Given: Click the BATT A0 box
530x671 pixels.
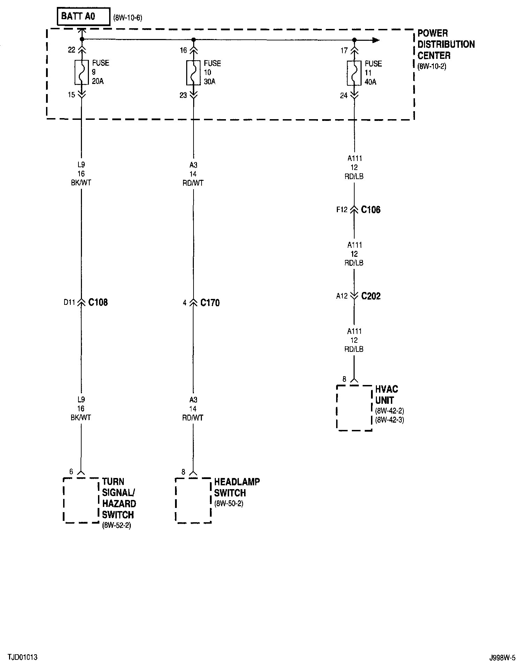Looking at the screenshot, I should click(x=84, y=16).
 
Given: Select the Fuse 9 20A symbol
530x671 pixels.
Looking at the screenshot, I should click(x=82, y=72).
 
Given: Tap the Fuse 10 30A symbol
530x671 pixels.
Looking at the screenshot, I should click(x=194, y=72).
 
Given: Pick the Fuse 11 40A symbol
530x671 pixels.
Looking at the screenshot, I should click(x=354, y=73).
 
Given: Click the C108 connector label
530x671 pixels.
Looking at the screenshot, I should click(x=98, y=302).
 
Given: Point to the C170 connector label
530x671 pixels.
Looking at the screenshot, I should click(x=210, y=303).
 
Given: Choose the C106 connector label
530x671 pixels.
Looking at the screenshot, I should click(x=371, y=210).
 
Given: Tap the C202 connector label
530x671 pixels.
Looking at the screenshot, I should click(x=371, y=296).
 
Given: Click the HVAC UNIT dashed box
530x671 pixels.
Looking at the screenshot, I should click(x=354, y=408).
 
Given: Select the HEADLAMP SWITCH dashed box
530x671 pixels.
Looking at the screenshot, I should click(x=193, y=500).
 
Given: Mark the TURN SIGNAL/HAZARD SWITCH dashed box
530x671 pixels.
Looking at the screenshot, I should click(x=81, y=500).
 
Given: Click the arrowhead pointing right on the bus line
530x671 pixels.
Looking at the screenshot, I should click(x=376, y=40).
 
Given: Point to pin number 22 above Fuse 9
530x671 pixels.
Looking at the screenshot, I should click(x=71, y=50).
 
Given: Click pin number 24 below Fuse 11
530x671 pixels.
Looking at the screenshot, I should click(x=344, y=95).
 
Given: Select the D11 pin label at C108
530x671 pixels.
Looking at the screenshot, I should click(x=69, y=303).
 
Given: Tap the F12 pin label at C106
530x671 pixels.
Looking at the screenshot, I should click(x=342, y=210).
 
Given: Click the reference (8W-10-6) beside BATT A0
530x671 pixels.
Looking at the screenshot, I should click(x=128, y=18).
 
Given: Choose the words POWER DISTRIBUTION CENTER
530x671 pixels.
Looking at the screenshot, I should click(x=446, y=44).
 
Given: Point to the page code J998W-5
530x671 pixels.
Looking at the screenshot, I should click(x=502, y=658).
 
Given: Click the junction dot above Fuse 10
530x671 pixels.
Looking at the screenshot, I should click(x=194, y=40).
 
